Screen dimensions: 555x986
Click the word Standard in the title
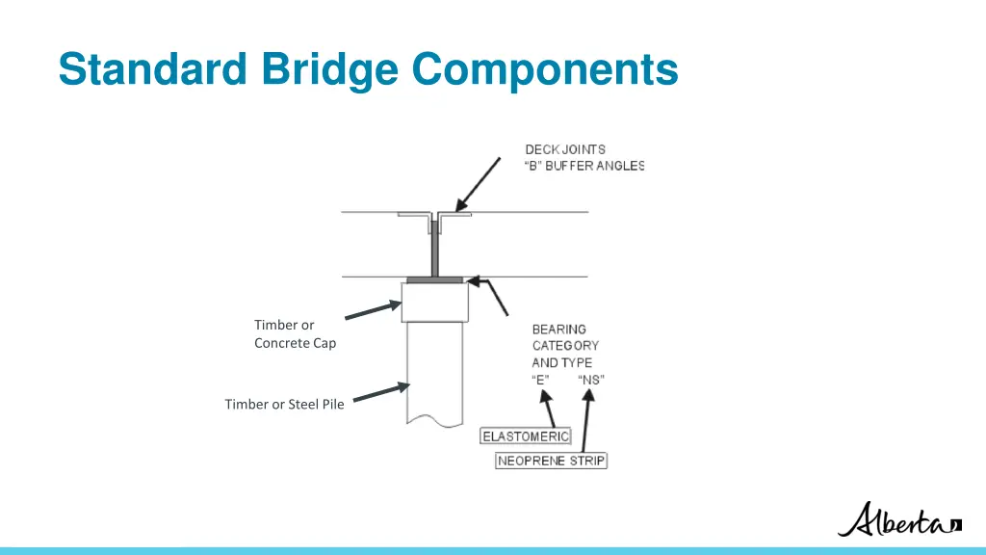[x=150, y=69]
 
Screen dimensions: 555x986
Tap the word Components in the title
[x=545, y=69]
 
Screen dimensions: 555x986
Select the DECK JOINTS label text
[x=565, y=149]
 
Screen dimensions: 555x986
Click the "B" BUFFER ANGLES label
[x=584, y=166]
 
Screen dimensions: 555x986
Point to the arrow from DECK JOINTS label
[x=479, y=184]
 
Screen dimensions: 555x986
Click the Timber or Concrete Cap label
[x=295, y=334]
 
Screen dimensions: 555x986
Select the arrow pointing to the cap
[x=373, y=309]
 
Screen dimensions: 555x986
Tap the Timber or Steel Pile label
[x=284, y=404]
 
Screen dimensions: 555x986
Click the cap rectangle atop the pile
[x=434, y=302]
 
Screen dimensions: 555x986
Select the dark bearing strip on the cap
[x=435, y=280]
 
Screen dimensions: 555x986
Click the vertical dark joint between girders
[x=435, y=249]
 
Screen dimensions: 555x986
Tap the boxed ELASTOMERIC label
[x=526, y=436]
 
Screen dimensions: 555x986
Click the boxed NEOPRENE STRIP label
[x=552, y=461]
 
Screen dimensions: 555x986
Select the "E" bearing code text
[x=540, y=380]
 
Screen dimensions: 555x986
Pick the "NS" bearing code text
[x=591, y=380]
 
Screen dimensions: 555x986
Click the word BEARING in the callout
[x=558, y=330]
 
